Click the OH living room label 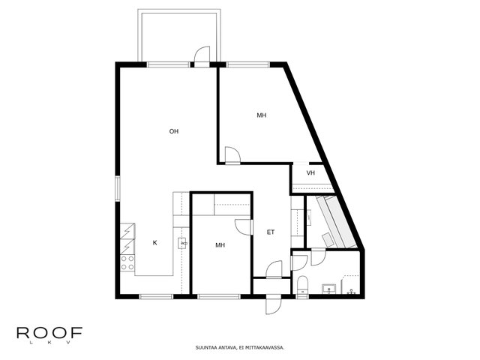coord(174,131)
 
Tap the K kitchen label coord(155,243)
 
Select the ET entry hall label coord(271,232)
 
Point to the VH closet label coord(310,173)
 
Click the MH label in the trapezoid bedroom coord(262,115)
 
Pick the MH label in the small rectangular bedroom coord(220,245)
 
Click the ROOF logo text coord(49,333)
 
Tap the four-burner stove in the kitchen coord(127,263)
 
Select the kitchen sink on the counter coord(182,243)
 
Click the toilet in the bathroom coord(302,285)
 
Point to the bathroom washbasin coord(328,289)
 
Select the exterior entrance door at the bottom coord(273,304)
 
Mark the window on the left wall coord(118,188)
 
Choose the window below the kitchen coord(157,296)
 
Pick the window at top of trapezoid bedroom coord(247,64)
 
